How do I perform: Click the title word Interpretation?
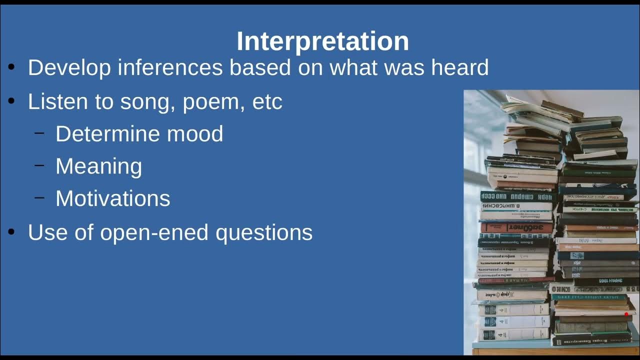coord(322,41)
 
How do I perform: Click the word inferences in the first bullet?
coord(170,67)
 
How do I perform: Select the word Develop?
coord(69,67)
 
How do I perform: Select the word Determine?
coord(107,134)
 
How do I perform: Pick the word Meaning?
coord(98,166)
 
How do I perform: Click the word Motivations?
coord(112,198)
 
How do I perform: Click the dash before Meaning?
coord(39,165)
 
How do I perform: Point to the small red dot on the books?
coord(626,314)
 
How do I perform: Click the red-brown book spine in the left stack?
coord(516,227)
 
